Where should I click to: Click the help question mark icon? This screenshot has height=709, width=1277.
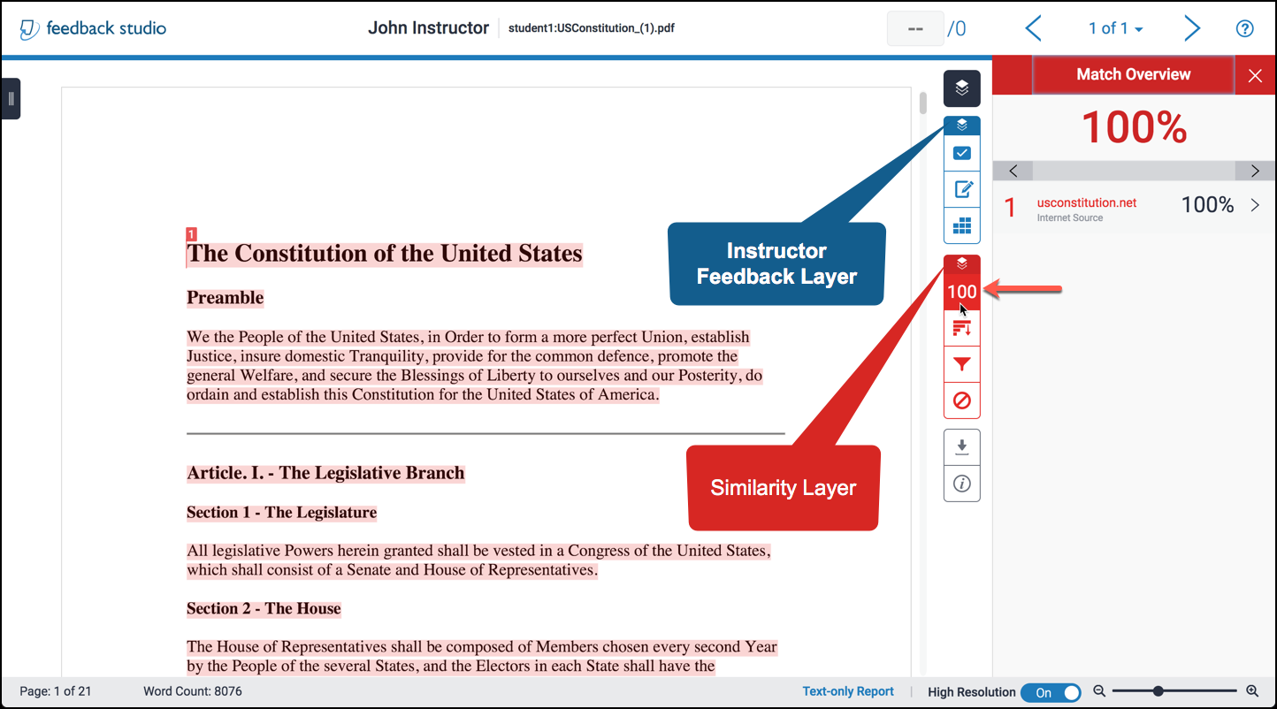click(1244, 29)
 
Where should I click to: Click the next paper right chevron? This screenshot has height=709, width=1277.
click(1192, 29)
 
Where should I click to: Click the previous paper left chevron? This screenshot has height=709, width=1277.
click(1033, 29)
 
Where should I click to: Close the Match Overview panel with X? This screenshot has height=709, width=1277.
click(1255, 76)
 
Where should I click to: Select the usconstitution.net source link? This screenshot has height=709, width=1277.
click(1086, 202)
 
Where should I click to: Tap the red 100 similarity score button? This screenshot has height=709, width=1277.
click(961, 292)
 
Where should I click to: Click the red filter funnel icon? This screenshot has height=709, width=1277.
click(961, 363)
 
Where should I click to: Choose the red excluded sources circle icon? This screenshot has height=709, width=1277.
click(961, 400)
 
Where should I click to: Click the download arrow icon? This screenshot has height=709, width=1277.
click(961, 446)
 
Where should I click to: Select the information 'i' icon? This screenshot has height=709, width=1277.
click(961, 484)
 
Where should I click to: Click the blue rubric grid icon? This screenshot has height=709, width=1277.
click(961, 225)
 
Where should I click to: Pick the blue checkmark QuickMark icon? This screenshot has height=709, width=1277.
click(961, 153)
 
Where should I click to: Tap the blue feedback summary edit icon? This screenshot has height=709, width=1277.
click(961, 189)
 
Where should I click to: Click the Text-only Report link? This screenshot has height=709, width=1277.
click(847, 692)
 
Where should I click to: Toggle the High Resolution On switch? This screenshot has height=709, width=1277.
click(1051, 693)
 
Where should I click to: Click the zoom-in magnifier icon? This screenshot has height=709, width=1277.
click(1251, 691)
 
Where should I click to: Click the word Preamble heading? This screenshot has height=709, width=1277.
click(225, 298)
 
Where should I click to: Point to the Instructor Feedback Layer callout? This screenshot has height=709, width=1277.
click(776, 263)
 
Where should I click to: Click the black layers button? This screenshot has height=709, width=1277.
click(961, 88)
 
